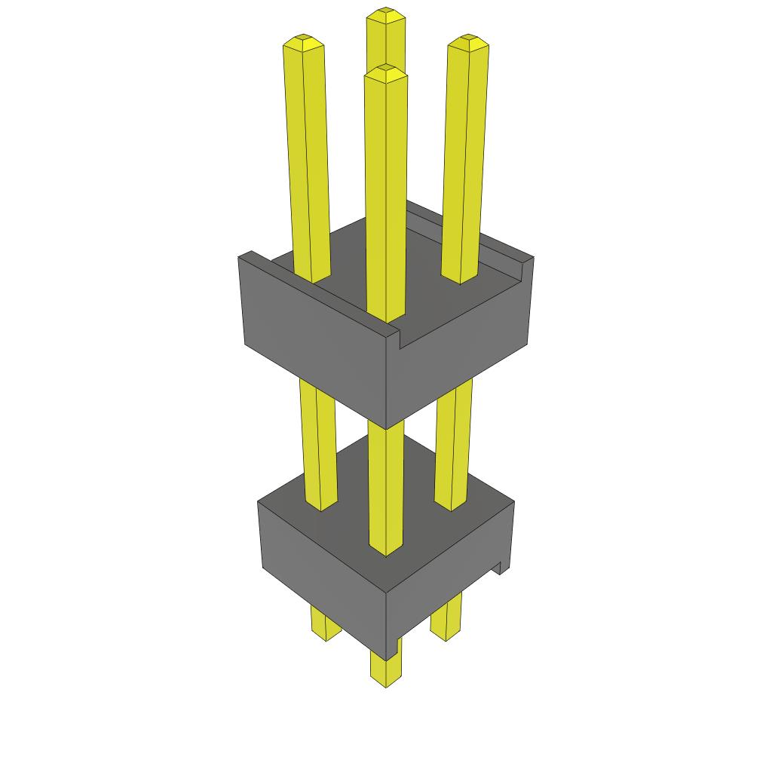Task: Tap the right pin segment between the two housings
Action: [x=454, y=445]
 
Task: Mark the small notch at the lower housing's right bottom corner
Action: [x=499, y=567]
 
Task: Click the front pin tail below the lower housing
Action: [x=385, y=667]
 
